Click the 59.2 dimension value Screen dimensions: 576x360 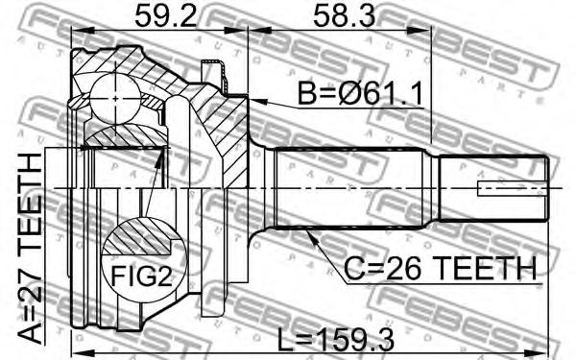click(x=166, y=15)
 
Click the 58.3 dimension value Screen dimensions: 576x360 click(x=345, y=15)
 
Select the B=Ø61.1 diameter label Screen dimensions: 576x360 click(x=360, y=93)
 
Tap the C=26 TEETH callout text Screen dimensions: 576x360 click(x=440, y=268)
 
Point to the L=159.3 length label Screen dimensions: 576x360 click(x=335, y=340)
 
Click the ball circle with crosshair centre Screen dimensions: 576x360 click(x=115, y=98)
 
